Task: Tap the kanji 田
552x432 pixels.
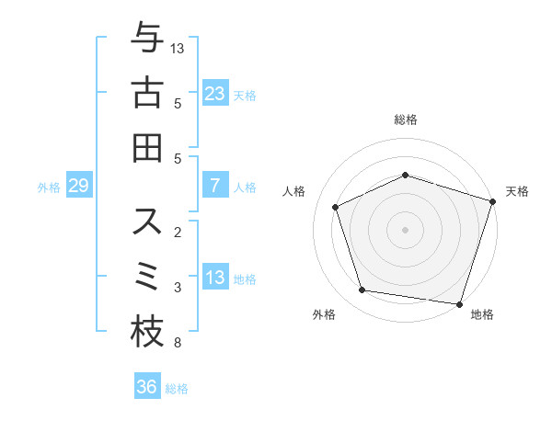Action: tap(147, 147)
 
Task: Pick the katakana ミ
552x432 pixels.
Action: tap(147, 276)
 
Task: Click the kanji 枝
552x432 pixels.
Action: tap(147, 332)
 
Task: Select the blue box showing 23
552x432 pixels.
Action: tap(215, 93)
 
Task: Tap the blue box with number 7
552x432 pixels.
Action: tap(215, 187)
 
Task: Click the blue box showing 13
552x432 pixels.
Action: tap(215, 279)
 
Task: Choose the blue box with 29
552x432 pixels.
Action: tap(78, 187)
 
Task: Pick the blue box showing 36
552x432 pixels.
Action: tap(146, 387)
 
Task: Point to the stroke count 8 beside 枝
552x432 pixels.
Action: tap(177, 344)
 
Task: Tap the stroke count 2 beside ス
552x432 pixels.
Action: tap(177, 233)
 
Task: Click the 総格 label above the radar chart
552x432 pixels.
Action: tap(406, 119)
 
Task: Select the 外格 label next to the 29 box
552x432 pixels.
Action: tap(49, 188)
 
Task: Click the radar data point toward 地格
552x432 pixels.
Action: tap(458, 303)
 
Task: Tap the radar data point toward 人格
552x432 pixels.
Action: tap(336, 207)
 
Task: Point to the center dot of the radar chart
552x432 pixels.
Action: tap(406, 229)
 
